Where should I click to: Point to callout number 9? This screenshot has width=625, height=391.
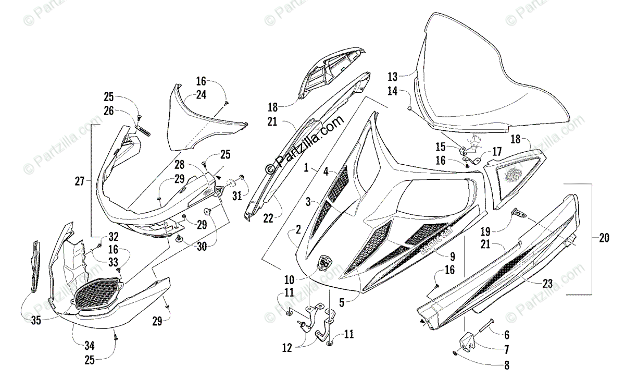click(452, 256)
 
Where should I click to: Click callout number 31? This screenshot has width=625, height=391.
click(237, 195)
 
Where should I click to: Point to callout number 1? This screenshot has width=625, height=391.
click(307, 168)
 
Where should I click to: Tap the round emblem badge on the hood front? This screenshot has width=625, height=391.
click(324, 262)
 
